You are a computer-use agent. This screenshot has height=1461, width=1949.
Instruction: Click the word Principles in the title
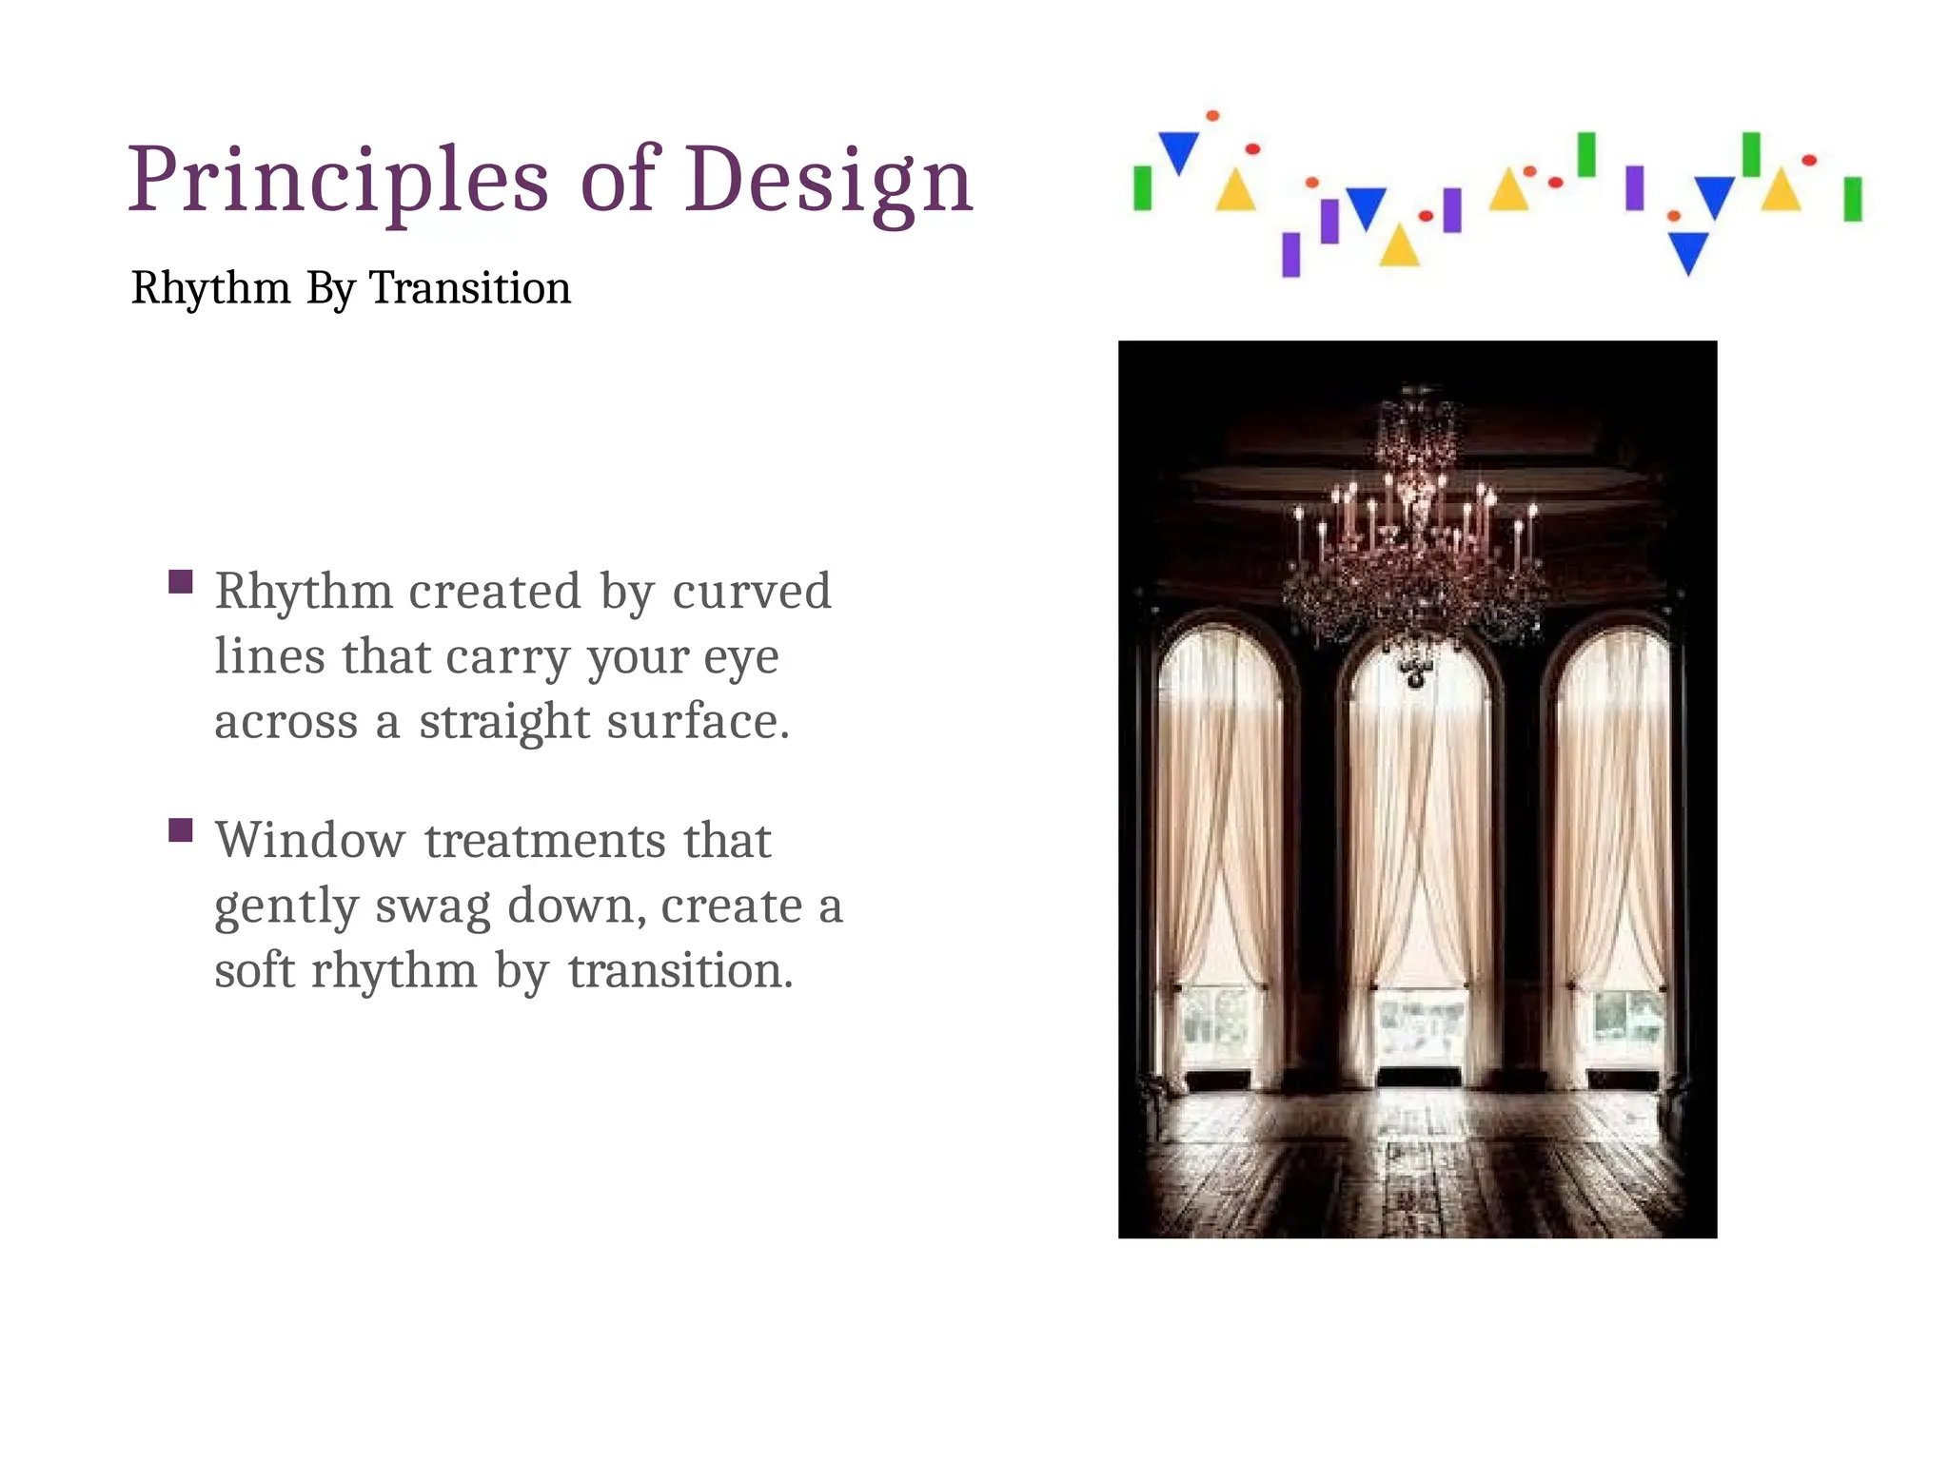point(338,181)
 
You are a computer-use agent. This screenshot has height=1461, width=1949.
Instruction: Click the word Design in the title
point(828,181)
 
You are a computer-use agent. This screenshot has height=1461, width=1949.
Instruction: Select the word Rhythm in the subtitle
point(210,288)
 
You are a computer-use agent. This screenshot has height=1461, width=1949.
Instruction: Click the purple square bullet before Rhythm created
point(181,581)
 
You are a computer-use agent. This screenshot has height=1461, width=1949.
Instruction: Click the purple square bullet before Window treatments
point(181,830)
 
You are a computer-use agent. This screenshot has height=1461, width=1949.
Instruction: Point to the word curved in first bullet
point(752,592)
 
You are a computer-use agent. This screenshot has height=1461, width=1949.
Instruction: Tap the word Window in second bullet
point(310,841)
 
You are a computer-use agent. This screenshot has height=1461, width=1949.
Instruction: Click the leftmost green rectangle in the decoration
point(1142,188)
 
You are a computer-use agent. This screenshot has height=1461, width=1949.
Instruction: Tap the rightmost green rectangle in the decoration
point(1852,199)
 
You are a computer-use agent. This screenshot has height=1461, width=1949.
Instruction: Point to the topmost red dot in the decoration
point(1212,116)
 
